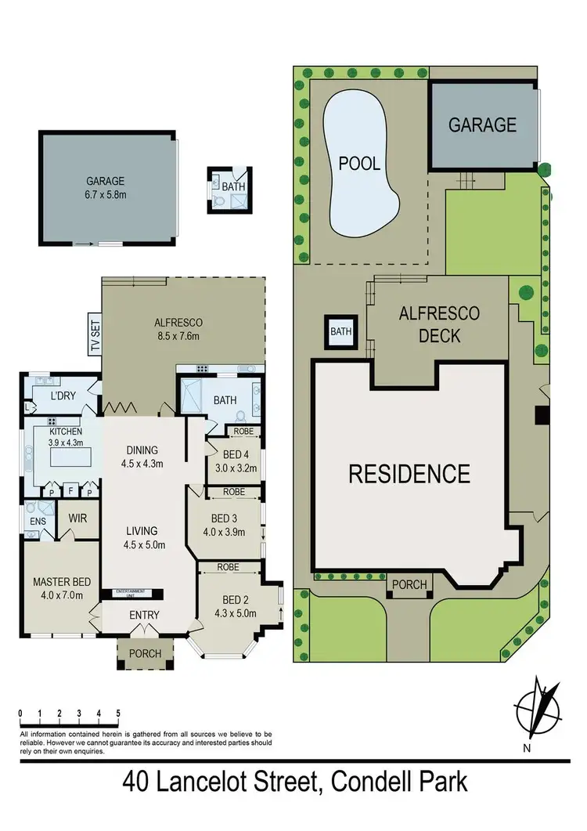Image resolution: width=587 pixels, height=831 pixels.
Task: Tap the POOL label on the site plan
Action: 359,164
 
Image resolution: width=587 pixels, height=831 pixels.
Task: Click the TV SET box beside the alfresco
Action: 95,334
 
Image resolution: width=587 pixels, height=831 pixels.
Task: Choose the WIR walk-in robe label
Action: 77,518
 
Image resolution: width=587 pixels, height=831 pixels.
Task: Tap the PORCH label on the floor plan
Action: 145,653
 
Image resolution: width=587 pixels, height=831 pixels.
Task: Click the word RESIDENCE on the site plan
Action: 409,474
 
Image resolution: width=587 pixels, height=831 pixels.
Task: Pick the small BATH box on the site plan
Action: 340,332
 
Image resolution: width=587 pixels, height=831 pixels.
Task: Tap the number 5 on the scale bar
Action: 117,714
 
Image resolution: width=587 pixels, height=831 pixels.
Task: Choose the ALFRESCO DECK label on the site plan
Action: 439,325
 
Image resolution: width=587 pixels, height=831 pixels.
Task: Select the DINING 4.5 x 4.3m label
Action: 142,457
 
